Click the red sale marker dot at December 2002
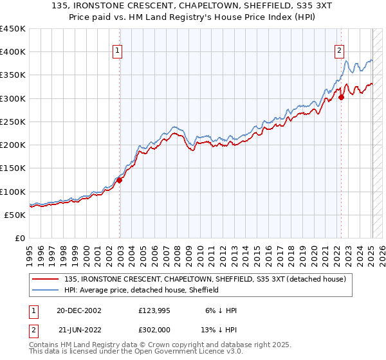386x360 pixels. [x=120, y=181]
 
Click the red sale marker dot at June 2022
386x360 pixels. [x=341, y=98]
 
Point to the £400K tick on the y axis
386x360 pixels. [x=12, y=52]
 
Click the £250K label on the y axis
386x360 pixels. [x=12, y=122]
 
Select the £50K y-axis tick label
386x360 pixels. [x=15, y=215]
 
